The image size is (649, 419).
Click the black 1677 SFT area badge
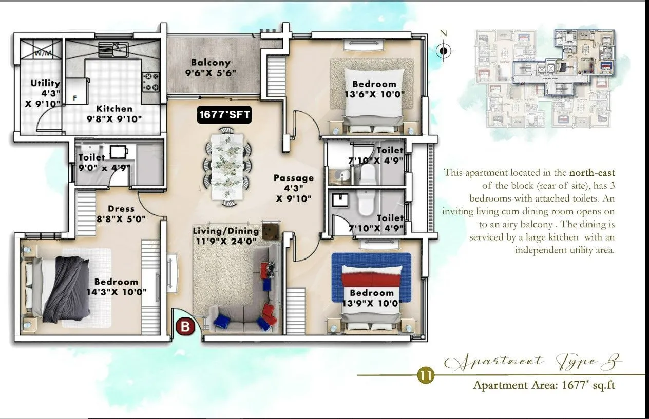click(x=225, y=115)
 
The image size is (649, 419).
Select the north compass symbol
click(x=444, y=51)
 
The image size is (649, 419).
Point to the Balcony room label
click(x=211, y=68)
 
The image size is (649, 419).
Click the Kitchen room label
click(x=114, y=113)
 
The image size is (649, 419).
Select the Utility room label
click(x=45, y=92)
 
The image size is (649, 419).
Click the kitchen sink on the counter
click(x=114, y=49)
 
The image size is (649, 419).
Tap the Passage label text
click(x=293, y=188)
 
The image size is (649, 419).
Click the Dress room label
click(x=121, y=213)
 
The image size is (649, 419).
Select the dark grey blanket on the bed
click(x=67, y=287)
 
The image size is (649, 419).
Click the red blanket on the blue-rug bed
click(x=371, y=278)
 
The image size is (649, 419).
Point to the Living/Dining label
click(x=226, y=236)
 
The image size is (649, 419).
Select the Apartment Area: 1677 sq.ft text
click(x=544, y=385)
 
